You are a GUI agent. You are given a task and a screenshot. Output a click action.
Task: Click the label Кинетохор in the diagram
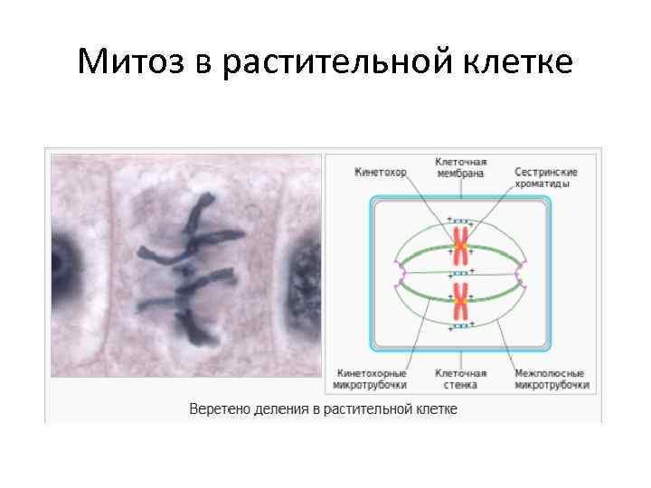(x=381, y=172)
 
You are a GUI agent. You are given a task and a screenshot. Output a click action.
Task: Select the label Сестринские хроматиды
(x=546, y=177)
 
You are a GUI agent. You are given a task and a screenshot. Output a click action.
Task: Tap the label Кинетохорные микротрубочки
(x=372, y=379)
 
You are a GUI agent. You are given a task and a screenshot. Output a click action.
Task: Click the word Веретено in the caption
(x=217, y=408)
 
